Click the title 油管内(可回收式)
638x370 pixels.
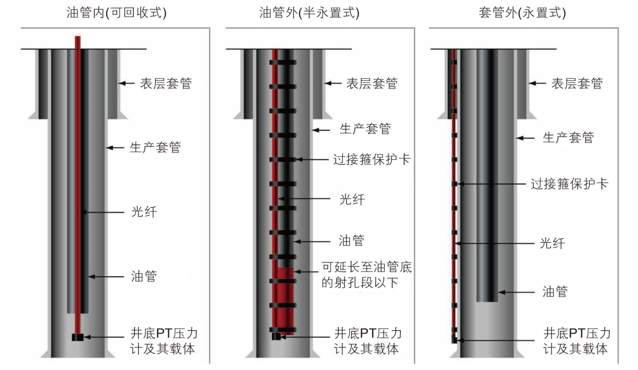[116, 13]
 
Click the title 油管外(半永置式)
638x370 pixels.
[309, 13]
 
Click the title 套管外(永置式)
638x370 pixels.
[522, 13]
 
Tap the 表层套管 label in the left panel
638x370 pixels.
[166, 83]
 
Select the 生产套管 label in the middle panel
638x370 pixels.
[365, 129]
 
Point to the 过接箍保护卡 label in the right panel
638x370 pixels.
[570, 183]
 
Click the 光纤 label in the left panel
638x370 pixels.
[144, 212]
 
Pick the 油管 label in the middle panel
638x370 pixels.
[351, 241]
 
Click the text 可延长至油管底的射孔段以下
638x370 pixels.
[367, 274]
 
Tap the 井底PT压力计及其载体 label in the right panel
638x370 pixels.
[577, 341]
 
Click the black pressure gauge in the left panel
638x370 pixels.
[78, 337]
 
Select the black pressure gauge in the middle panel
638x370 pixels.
[276, 336]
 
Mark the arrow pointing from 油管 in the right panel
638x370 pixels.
[516, 292]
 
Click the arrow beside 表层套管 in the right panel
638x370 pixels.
[537, 83]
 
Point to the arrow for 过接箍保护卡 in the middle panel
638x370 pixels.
[312, 159]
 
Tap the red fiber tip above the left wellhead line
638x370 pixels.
[78, 42]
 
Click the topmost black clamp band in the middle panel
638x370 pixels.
[283, 62]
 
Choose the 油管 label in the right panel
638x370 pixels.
[555, 292]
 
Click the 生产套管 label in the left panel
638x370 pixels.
[156, 147]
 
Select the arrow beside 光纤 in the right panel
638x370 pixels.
[494, 243]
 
